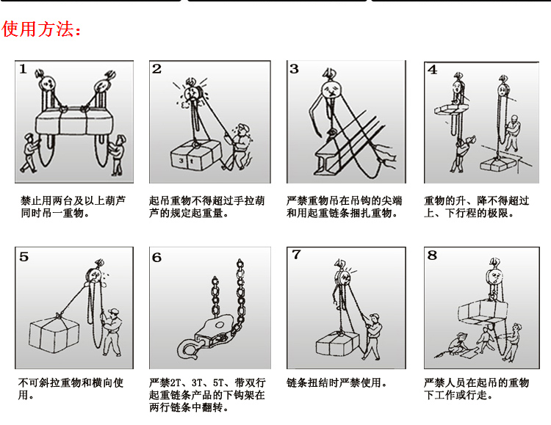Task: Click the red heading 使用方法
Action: (42, 29)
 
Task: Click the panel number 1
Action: (24, 70)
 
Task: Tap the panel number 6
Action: (157, 257)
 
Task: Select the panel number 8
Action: (432, 256)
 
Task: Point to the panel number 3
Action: (295, 70)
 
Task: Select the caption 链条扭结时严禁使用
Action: (336, 383)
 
